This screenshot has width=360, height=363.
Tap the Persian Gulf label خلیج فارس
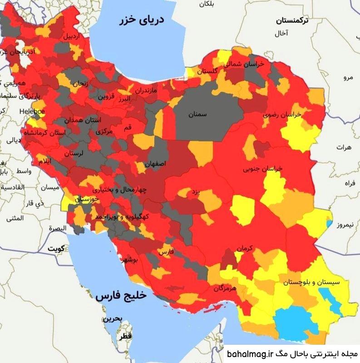tap(121, 296)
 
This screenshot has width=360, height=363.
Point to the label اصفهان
tap(156, 163)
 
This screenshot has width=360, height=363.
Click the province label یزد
tap(194, 193)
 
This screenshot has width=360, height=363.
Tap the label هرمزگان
tap(224, 288)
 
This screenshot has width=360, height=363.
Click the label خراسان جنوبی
tap(263, 169)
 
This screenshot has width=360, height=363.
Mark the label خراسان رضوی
tap(282, 115)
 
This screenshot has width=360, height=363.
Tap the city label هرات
tap(345, 148)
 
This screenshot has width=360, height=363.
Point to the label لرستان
tap(74, 154)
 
